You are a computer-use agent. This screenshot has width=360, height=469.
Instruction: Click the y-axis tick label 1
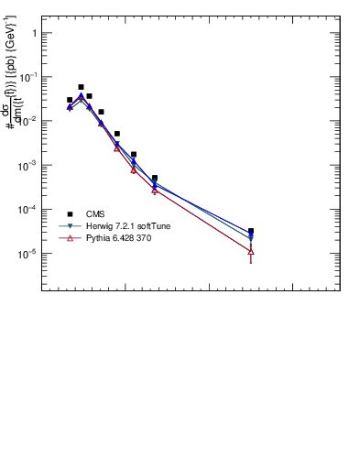coord(33,33)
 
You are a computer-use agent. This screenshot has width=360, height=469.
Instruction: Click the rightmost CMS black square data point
coord(251,231)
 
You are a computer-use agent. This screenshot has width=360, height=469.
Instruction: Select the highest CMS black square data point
coord(81,87)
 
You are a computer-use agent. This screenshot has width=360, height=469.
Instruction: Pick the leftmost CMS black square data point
coord(70,100)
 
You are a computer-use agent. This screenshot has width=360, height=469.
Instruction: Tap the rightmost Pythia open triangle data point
coord(251,251)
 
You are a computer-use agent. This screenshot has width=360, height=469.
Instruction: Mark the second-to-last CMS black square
coord(155,178)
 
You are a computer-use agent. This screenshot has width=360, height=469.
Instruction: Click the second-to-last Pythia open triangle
coord(155,190)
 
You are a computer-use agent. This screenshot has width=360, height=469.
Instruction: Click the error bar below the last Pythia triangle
coord(251,259)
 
